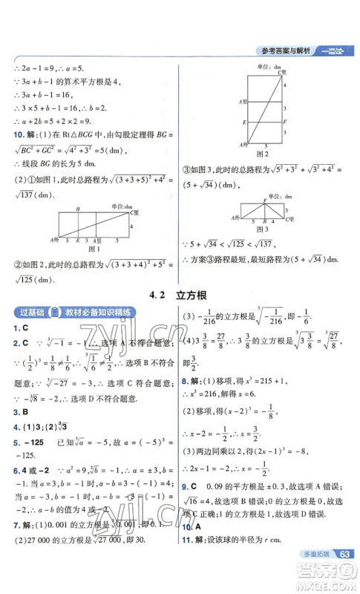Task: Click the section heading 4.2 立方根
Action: (180, 295)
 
